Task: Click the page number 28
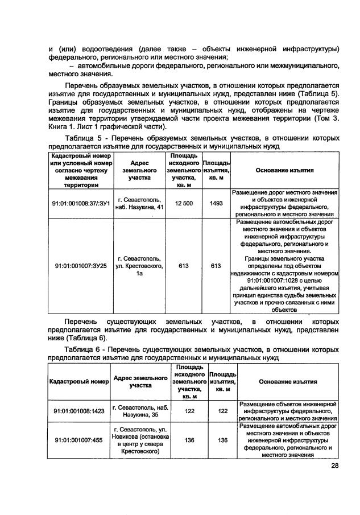[334, 467]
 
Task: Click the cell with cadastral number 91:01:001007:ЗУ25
[80, 266]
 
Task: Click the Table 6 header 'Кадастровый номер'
[78, 381]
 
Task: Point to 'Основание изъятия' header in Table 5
[284, 170]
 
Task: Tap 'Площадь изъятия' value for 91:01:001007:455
[222, 440]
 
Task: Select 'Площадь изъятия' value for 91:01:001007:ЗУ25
[216, 266]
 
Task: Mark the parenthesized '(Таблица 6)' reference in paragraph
[84, 337]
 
